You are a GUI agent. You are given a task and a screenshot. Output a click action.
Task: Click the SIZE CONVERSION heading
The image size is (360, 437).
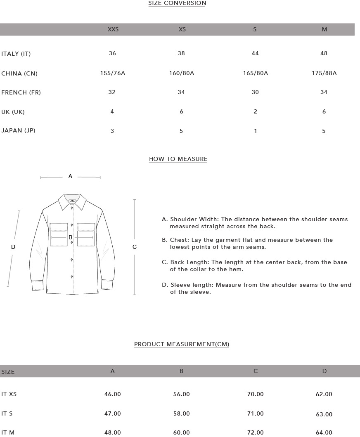pyautogui.click(x=177, y=3)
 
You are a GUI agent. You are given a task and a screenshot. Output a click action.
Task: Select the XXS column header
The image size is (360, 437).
pyautogui.click(x=113, y=29)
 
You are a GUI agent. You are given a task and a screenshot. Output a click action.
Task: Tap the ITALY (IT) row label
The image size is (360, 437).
pyautogui.click(x=16, y=54)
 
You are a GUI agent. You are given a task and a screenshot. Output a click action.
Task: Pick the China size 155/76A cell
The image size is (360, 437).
pyautogui.click(x=112, y=73)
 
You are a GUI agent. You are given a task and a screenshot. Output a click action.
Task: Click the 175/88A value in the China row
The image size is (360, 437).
pyautogui.click(x=324, y=73)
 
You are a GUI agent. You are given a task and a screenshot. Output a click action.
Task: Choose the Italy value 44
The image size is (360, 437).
pyautogui.click(x=255, y=53)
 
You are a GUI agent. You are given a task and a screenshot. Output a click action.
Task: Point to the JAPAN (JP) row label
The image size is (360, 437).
pyautogui.click(x=19, y=130)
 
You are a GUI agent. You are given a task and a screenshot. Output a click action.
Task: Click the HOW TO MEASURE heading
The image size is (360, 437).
pyautogui.click(x=178, y=159)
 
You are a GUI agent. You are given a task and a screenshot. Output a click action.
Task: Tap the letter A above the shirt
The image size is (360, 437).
pyautogui.click(x=70, y=176)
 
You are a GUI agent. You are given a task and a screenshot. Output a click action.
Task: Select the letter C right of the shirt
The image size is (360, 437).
pyautogui.click(x=135, y=247)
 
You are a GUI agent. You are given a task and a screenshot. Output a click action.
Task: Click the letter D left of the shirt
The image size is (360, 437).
pyautogui.click(x=13, y=247)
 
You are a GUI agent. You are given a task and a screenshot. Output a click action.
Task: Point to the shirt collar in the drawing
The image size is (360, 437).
pyautogui.click(x=72, y=201)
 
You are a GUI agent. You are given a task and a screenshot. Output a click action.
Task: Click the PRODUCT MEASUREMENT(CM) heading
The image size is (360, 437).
pyautogui.click(x=182, y=344)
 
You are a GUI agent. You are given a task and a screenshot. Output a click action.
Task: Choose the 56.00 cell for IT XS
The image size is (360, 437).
pyautogui.click(x=181, y=394)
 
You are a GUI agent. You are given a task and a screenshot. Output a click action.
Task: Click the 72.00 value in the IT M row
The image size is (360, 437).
pyautogui.click(x=255, y=432)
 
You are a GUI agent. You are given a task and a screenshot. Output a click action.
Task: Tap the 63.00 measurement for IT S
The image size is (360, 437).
pyautogui.click(x=324, y=414)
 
